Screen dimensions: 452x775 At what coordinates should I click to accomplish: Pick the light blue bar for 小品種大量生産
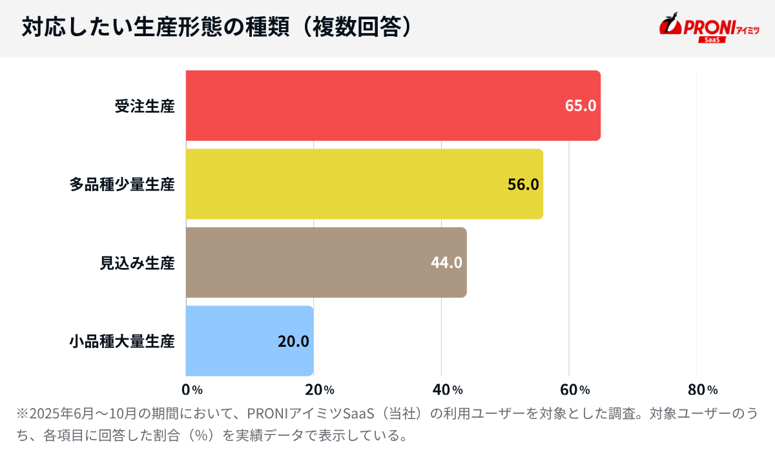click(x=249, y=340)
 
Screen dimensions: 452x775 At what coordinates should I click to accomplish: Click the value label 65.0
click(x=580, y=106)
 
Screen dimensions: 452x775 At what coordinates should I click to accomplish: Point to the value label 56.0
click(x=522, y=185)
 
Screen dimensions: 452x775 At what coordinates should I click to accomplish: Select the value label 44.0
click(x=446, y=263)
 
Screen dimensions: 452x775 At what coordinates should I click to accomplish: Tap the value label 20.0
click(x=293, y=341)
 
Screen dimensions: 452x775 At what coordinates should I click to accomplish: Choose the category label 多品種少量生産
click(x=122, y=185)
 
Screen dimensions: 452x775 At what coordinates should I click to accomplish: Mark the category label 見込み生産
click(x=137, y=263)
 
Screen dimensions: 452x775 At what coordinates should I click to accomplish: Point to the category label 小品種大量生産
click(x=122, y=341)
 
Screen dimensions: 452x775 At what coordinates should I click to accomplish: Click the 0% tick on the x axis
click(x=192, y=389)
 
